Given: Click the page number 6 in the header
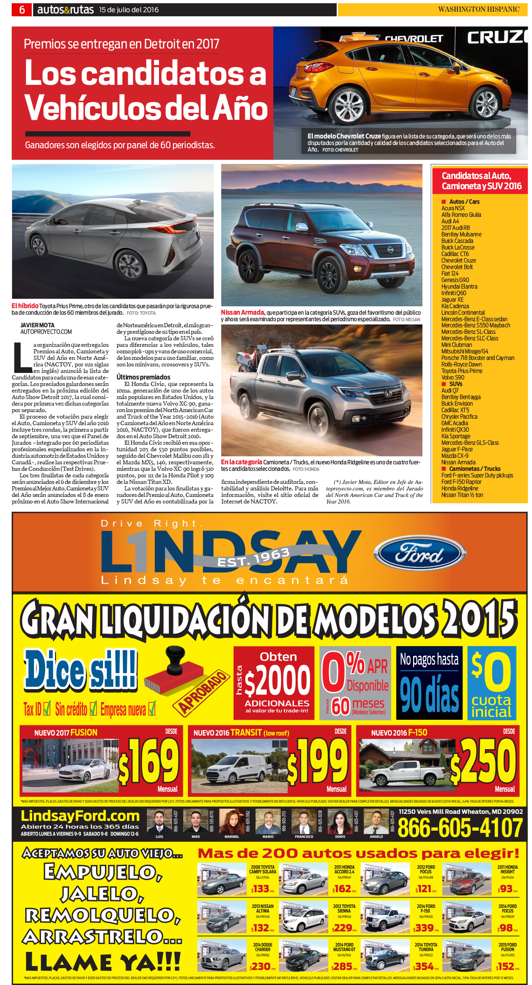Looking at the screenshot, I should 22,10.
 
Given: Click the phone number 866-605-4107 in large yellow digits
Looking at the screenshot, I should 460,828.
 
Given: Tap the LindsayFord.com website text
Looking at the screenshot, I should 80,816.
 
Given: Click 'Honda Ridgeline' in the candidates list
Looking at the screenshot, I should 460,488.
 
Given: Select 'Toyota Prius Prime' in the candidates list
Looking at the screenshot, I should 462,371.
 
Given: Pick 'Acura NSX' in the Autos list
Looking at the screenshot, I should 453,208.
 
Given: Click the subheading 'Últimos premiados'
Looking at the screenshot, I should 143,377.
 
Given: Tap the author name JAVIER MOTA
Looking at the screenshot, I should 37,325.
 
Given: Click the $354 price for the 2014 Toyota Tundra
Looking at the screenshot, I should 424,966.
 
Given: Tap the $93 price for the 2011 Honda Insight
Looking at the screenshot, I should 505,889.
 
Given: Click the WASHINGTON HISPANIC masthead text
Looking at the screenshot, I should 478,9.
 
